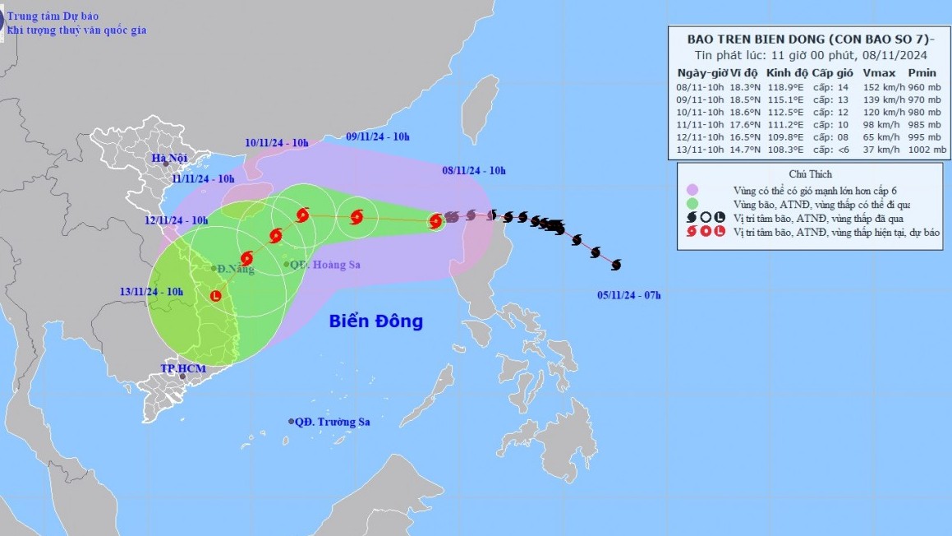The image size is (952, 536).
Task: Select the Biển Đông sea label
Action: (376, 321)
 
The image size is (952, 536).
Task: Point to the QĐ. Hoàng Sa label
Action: (326, 265)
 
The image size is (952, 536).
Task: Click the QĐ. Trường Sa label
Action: (334, 422)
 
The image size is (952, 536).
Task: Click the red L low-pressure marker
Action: (216, 296)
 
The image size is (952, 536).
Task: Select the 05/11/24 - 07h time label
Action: (629, 295)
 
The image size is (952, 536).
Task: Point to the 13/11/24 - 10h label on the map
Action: (151, 291)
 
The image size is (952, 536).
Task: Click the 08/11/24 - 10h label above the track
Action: (474, 171)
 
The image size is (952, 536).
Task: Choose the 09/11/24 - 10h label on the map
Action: (377, 136)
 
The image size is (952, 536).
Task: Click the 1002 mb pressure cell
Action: (927, 150)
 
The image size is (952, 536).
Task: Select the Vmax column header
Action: (876, 73)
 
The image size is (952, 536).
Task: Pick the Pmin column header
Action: (922, 73)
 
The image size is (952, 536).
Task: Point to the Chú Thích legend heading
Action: (809, 174)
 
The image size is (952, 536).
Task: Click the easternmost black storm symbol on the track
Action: (616, 264)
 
